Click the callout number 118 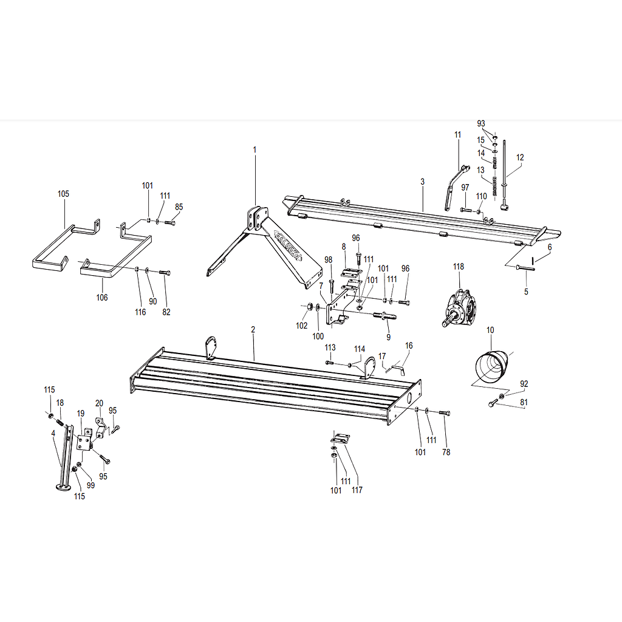459,267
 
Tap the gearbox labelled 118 459,309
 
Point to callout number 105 63,194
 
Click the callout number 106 102,297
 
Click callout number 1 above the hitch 255,149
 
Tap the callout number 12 520,157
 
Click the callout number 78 446,452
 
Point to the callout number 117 357,490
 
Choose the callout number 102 301,326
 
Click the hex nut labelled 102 309,307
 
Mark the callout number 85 179,207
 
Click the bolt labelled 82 165,273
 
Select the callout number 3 423,181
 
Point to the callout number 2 253,329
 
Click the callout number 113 330,347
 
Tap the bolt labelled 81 492,403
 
